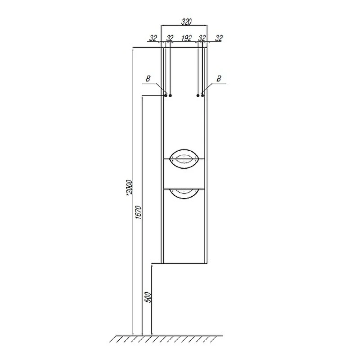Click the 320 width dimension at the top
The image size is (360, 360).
coord(186,22)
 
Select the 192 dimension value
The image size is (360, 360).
coord(186,38)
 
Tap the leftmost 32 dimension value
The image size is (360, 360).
coord(153,38)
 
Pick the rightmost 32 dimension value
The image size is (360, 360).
coord(219,38)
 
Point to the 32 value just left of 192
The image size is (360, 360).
coord(170,38)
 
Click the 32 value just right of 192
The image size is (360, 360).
coord(202,38)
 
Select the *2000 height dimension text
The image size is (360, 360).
coord(130,188)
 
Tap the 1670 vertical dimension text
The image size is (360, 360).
coord(139,212)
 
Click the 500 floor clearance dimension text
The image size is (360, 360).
coord(148,297)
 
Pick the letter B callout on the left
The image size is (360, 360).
coord(148,79)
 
